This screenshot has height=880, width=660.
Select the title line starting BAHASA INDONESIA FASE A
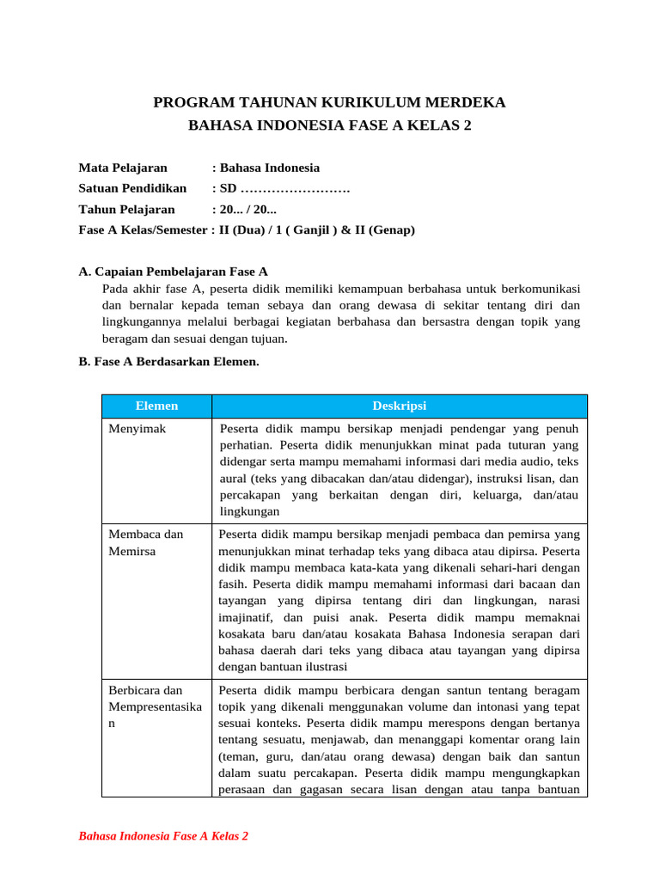tap(330, 125)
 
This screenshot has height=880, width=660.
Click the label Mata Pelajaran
tap(123, 168)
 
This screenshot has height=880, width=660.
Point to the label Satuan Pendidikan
tap(132, 188)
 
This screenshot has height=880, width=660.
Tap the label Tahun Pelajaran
tap(126, 209)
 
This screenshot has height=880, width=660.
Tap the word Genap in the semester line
tap(393, 229)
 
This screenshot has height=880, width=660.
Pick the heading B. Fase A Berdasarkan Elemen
tap(168, 362)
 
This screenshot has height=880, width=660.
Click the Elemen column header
tap(156, 406)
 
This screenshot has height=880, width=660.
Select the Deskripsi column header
tap(399, 406)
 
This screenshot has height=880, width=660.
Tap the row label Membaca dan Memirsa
tap(145, 542)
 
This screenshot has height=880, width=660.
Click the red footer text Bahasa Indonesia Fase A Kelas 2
tap(163, 835)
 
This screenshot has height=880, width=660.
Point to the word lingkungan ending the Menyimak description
tap(249, 511)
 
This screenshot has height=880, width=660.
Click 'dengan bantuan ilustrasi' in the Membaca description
tap(280, 664)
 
